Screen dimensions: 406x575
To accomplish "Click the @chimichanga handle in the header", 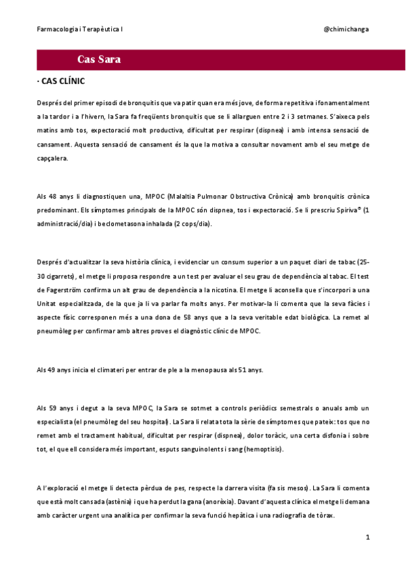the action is (x=346, y=30).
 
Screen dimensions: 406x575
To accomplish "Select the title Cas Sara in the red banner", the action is (x=99, y=60).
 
